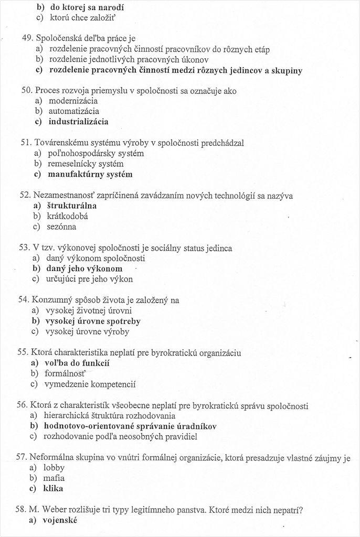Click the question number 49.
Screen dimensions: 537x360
[x=27, y=38]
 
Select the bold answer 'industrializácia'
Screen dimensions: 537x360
[x=78, y=122]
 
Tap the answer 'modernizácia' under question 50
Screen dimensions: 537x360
[x=73, y=101]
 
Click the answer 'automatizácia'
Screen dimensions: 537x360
[x=73, y=111]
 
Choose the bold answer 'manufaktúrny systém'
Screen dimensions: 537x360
[x=90, y=174]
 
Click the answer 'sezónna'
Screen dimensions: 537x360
[x=61, y=227]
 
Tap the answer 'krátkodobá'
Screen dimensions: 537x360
[x=68, y=216]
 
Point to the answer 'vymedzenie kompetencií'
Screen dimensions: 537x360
[x=91, y=384]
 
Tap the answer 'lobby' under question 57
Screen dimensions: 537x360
[x=54, y=467]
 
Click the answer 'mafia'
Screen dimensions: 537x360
[x=54, y=478]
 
